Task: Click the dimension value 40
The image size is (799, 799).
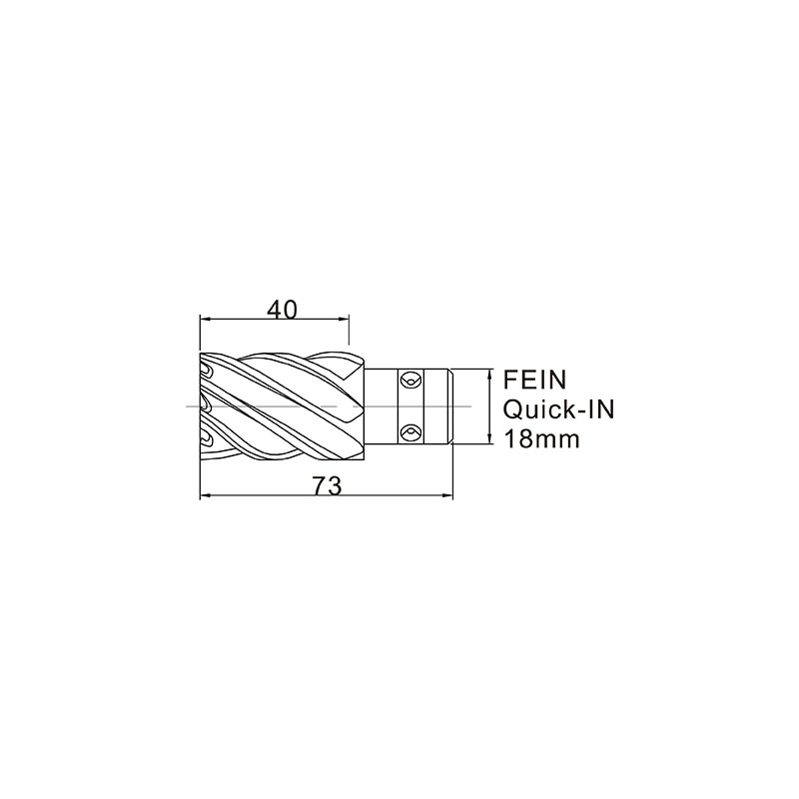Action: click(282, 310)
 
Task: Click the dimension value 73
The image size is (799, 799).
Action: click(327, 485)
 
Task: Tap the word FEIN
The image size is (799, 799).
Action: click(535, 380)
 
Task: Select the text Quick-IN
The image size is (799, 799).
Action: click(559, 409)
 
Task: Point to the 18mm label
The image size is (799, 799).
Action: click(541, 438)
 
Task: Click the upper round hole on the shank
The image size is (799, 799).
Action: click(409, 381)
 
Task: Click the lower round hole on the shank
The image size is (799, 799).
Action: click(409, 432)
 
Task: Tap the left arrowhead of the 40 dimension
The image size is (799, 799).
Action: click(205, 319)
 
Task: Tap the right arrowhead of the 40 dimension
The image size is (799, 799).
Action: click(344, 319)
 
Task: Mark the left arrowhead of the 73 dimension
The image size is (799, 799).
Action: click(205, 494)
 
